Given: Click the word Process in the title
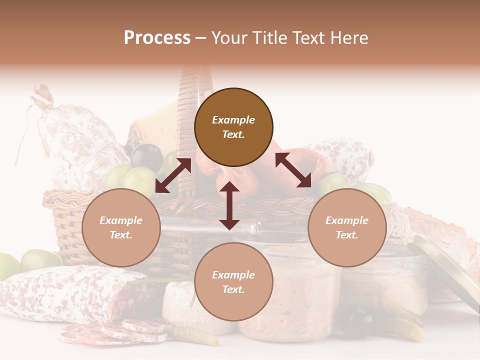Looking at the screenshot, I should (157, 38).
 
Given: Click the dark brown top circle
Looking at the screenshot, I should (233, 127).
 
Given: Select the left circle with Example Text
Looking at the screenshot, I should (121, 227).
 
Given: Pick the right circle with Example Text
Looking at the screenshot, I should (347, 227).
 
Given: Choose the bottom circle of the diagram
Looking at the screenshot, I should (233, 282).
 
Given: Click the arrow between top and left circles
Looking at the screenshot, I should (173, 175).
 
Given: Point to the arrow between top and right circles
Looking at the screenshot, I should (293, 170).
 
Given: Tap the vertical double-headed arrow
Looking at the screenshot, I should (229, 205).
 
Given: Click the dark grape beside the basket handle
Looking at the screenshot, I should (146, 156).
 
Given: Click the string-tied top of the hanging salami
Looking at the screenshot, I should (42, 97).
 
